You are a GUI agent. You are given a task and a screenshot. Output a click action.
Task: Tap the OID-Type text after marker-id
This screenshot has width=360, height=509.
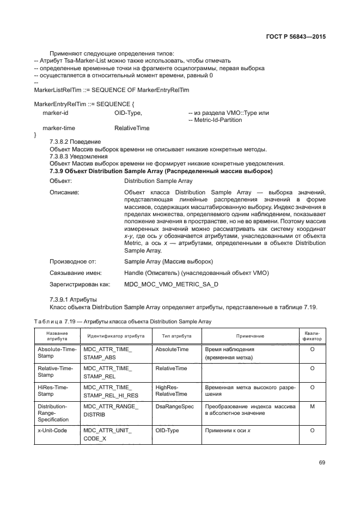(128, 113)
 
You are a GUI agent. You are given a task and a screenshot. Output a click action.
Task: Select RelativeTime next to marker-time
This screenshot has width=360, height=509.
(132, 127)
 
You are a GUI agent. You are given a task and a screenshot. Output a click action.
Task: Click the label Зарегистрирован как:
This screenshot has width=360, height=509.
(80, 284)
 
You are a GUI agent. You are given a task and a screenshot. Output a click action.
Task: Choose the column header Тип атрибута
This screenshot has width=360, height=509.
(176, 336)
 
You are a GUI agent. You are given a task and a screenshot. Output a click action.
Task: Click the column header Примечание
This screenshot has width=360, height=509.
(250, 336)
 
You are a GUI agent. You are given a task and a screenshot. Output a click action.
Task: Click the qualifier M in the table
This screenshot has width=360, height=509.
(312, 406)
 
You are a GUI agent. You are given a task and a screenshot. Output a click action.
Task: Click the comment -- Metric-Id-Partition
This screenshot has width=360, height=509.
(215, 120)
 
